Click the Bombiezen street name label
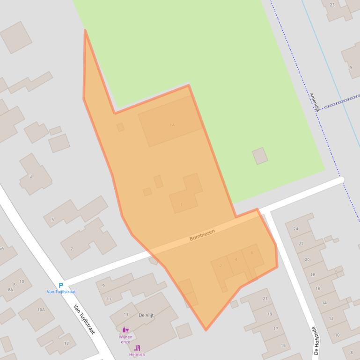tap(202, 235)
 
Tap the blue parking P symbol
tap(61, 285)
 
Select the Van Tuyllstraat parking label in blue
tap(61, 292)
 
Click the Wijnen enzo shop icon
tap(125, 330)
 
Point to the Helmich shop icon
tap(137, 348)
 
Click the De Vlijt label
tap(146, 315)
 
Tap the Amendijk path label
tap(314, 101)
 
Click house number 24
tap(295, 229)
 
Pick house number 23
tap(332, 5)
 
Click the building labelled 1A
tap(172, 125)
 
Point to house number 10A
tap(41, 310)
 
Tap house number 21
tap(265, 298)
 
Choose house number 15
tap(283, 346)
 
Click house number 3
tap(31, 176)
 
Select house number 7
tap(72, 249)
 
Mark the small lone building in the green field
tap(260, 156)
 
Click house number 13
tap(125, 315)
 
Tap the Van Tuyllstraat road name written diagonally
tap(84, 319)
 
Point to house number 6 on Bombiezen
tap(251, 253)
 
